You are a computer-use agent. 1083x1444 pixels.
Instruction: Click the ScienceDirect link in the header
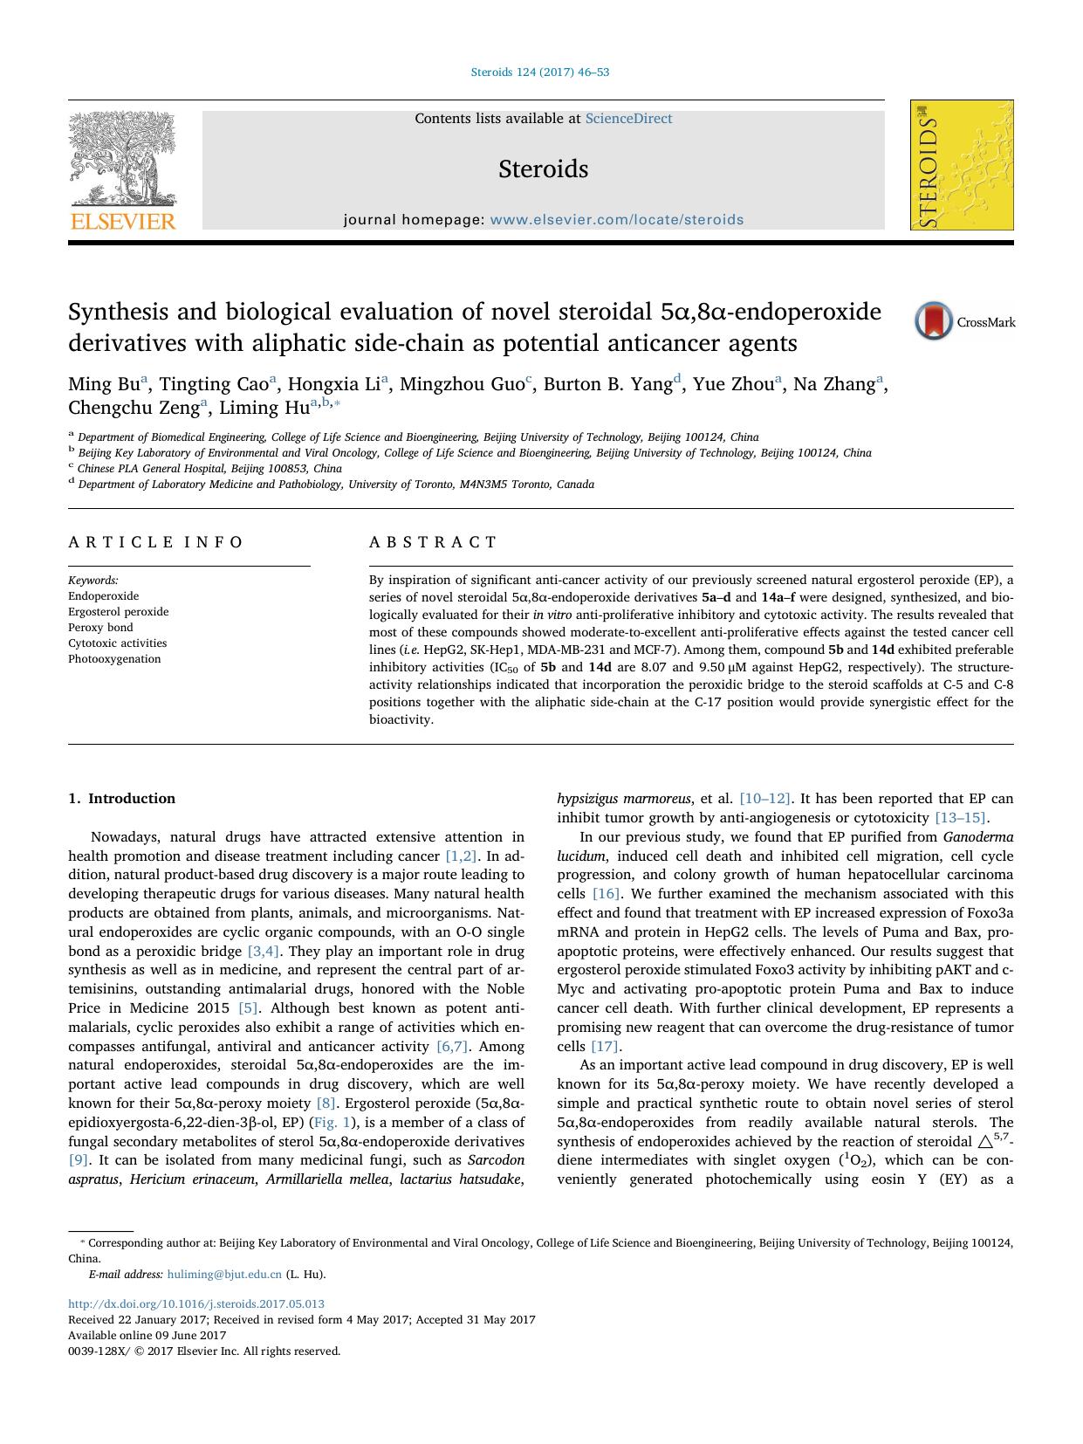tap(628, 119)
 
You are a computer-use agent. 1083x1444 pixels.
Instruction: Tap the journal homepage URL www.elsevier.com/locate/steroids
tap(616, 220)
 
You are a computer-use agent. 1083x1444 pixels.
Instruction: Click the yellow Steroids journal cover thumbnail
tap(962, 165)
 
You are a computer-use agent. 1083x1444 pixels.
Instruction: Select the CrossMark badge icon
tap(933, 321)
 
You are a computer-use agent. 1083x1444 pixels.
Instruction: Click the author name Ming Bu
tap(104, 384)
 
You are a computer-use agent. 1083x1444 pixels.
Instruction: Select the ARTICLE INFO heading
tap(156, 542)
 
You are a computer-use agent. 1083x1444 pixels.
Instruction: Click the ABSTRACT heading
tap(433, 542)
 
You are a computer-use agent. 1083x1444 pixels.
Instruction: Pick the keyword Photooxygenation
tap(114, 659)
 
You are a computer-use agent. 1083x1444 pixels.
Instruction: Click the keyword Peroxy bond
tap(100, 628)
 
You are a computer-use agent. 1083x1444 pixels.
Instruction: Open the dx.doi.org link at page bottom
tap(196, 1304)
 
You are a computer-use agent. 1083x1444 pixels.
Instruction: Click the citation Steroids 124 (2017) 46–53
tap(540, 72)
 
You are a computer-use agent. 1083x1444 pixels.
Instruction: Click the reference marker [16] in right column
tap(606, 894)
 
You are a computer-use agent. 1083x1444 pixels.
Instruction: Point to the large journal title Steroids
tap(543, 168)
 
